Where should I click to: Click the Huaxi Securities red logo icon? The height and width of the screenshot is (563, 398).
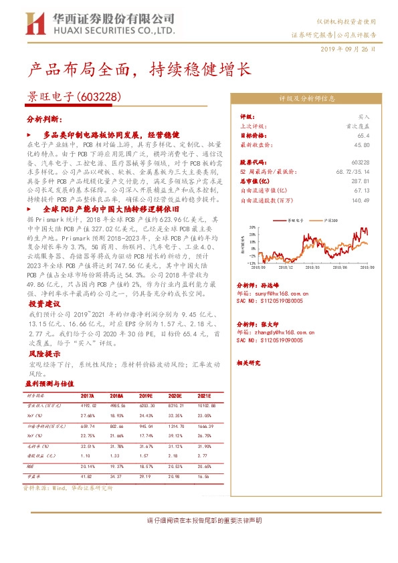coord(34,23)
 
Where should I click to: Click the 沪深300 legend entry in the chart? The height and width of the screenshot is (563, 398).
coord(329,220)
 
